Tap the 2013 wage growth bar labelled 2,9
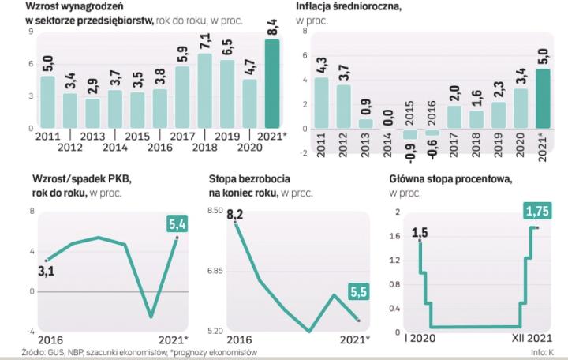(x=93, y=113)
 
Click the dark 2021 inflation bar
(x=542, y=98)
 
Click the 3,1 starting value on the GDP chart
(x=47, y=273)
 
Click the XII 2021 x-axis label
(x=523, y=339)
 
